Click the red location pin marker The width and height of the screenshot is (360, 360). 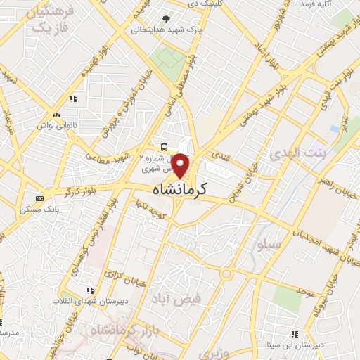pyautogui.click(x=180, y=165)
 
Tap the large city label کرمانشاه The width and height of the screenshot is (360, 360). pyautogui.click(x=181, y=190)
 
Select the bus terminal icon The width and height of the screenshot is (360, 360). pyautogui.click(x=164, y=147)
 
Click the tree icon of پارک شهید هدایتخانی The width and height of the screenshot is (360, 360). pyautogui.click(x=166, y=19)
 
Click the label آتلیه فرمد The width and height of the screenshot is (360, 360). pyautogui.click(x=316, y=4)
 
